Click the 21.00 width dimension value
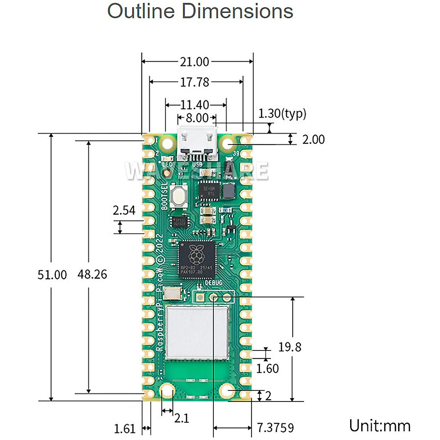coord(194,62)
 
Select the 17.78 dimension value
coord(194,82)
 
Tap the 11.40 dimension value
coord(194,105)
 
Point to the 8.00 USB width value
coord(197,118)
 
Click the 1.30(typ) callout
coord(282,113)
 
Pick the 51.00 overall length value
coord(52,275)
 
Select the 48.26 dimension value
coord(92,274)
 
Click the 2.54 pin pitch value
coord(124,210)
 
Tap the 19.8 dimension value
coord(290,347)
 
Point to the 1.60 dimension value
coord(267,368)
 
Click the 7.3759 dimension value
coord(275,428)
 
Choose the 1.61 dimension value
coord(125,429)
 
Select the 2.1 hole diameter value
coord(181,418)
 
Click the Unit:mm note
coord(379,426)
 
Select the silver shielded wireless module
coord(197,332)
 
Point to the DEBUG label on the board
coord(213,283)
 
